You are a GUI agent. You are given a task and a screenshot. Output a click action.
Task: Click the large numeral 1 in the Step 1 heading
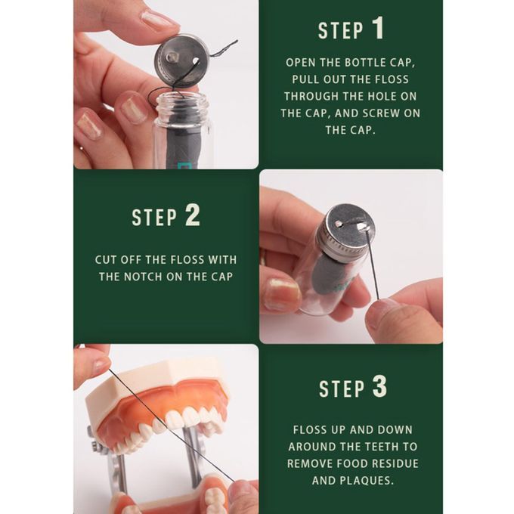[378, 28]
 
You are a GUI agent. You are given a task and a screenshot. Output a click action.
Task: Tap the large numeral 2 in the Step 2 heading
[192, 215]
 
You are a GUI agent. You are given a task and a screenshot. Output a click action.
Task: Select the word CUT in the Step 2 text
[106, 259]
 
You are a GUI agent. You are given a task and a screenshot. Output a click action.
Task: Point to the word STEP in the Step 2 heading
[154, 217]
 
